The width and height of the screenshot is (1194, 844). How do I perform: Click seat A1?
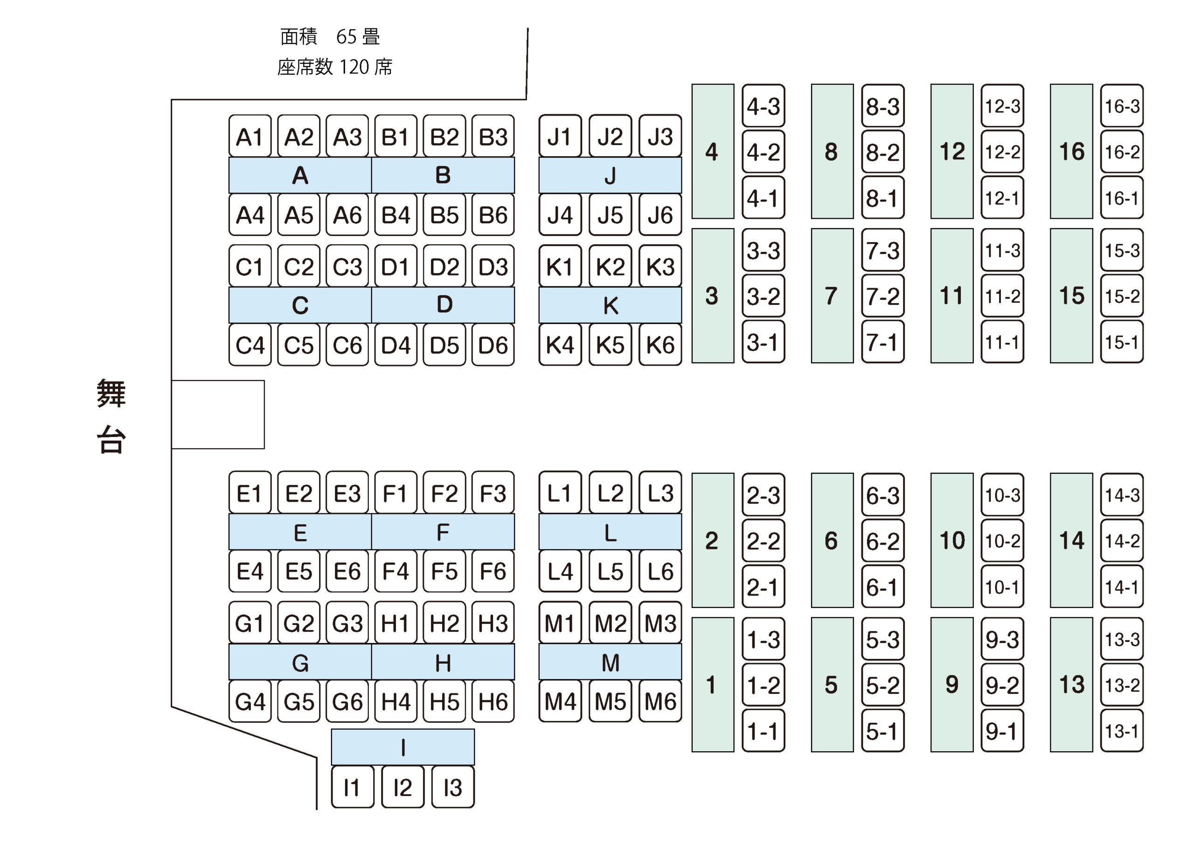click(250, 136)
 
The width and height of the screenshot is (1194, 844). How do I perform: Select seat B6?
click(493, 215)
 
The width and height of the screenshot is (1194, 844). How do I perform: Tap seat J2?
click(610, 136)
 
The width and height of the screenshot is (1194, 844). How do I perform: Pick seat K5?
click(610, 344)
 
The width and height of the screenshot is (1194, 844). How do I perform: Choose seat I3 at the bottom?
click(453, 787)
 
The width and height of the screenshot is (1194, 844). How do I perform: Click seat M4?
click(560, 701)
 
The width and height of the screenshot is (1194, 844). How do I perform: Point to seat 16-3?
click(1122, 106)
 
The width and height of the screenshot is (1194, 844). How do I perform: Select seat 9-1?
click(1002, 731)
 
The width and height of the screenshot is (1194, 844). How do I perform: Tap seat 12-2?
click(1002, 152)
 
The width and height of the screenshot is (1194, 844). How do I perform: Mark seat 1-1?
click(764, 731)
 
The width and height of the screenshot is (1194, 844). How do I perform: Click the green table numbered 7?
click(832, 295)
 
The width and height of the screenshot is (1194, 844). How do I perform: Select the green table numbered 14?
click(1071, 540)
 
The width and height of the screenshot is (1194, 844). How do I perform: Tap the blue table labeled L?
click(610, 532)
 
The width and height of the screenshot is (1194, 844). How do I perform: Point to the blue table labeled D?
click(443, 305)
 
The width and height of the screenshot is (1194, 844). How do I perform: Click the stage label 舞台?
click(111, 416)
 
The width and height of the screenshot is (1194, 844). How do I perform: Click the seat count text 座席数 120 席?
click(335, 67)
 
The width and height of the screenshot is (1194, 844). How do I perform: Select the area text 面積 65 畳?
click(330, 37)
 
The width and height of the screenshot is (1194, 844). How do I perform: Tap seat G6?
click(347, 701)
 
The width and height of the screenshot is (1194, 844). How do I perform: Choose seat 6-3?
click(882, 495)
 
